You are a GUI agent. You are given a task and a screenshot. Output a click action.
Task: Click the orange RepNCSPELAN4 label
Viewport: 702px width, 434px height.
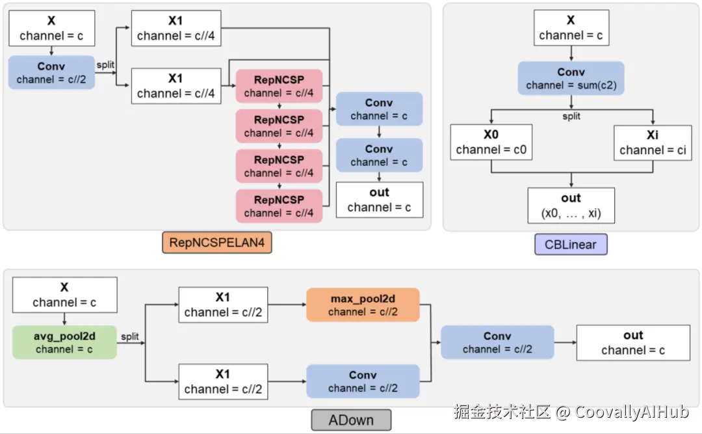216,243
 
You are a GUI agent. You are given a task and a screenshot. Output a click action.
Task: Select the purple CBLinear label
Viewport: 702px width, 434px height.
571,244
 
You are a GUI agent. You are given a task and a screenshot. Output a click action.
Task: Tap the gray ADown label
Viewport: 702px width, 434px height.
351,420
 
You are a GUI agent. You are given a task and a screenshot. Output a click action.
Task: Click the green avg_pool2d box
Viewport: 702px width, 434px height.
64,342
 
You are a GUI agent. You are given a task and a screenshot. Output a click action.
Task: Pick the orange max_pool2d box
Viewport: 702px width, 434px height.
363,305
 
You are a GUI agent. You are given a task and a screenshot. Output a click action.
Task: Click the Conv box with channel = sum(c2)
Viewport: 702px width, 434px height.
571,78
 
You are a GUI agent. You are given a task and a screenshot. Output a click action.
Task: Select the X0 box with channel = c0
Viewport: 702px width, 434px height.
491,142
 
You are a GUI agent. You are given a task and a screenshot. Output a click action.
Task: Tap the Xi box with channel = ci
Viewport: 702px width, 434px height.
653,142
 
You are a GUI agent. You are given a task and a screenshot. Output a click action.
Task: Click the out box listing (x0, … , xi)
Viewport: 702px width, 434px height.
571,205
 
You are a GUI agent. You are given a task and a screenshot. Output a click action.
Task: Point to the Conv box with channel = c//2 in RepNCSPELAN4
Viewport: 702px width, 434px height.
51,72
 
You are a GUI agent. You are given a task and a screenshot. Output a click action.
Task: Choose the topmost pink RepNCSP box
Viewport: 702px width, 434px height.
279,87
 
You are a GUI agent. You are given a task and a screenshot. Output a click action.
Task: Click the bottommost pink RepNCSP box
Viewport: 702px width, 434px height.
279,206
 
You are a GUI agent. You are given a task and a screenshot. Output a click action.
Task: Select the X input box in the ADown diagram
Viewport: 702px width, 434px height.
64,295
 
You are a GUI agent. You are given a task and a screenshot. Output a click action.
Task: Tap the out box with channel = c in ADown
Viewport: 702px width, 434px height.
632,342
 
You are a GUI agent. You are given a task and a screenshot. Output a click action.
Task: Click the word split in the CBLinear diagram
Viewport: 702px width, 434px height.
571,116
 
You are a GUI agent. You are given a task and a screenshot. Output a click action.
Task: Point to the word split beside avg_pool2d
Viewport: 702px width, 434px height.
129,336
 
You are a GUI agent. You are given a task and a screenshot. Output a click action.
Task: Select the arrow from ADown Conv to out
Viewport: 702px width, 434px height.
565,343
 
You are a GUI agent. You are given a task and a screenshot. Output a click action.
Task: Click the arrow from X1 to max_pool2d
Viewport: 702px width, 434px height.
287,305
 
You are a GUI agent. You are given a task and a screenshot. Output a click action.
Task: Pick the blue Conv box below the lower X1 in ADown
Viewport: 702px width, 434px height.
363,381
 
